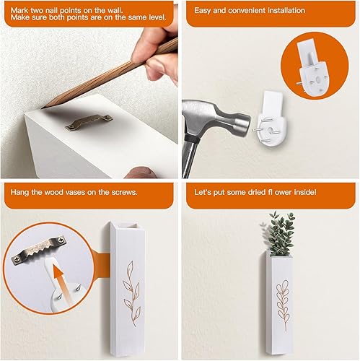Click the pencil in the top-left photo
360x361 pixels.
pos(108,76)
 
